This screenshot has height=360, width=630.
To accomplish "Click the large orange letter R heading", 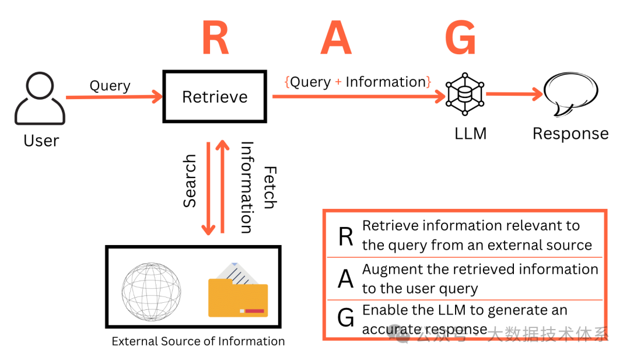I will click(x=215, y=38).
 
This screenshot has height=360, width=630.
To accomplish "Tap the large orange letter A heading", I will click(x=336, y=38).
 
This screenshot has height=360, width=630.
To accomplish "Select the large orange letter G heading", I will click(x=460, y=38).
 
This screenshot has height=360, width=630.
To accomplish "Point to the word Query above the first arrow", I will click(x=110, y=86).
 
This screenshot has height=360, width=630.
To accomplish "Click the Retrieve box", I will click(x=215, y=97).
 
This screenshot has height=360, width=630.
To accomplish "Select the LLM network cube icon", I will click(x=465, y=94).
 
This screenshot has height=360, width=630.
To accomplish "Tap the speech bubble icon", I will click(x=570, y=96).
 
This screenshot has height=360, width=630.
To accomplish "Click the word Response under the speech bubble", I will click(x=570, y=134).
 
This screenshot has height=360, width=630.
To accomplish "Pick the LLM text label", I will click(x=470, y=134).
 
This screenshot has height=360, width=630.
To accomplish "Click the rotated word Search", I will click(x=190, y=181).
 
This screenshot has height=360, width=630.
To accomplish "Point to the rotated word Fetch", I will click(x=269, y=187).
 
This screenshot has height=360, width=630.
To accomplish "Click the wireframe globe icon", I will click(x=151, y=291).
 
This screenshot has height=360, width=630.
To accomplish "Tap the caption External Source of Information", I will click(x=198, y=341).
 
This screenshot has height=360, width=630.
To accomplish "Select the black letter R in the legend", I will click(x=346, y=236).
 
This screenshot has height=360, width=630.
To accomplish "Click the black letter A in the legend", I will click(x=346, y=278).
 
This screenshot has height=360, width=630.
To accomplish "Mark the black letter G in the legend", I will click(x=346, y=318).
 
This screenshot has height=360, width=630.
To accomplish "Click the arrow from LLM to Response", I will click(x=513, y=94).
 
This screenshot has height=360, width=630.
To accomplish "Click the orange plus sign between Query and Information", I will click(x=338, y=82).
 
